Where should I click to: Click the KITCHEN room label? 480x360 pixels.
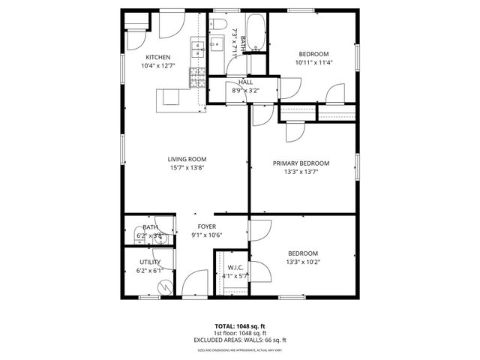tap(157, 58)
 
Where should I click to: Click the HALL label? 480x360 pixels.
tap(245, 82)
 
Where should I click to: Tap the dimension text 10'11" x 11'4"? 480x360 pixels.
tap(313, 64)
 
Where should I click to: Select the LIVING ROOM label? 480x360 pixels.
tap(187, 159)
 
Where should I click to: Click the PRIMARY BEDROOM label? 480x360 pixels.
tap(301, 163)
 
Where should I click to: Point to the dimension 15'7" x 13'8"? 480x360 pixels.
tap(187, 168)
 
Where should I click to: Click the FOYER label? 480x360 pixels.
tap(207, 226)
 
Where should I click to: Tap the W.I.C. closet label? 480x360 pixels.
tap(235, 267)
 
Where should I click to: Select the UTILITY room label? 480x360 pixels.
tap(149, 262)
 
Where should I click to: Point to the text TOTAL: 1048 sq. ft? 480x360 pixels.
tap(239, 326)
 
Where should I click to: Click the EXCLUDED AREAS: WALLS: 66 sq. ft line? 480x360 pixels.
tap(239, 339)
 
